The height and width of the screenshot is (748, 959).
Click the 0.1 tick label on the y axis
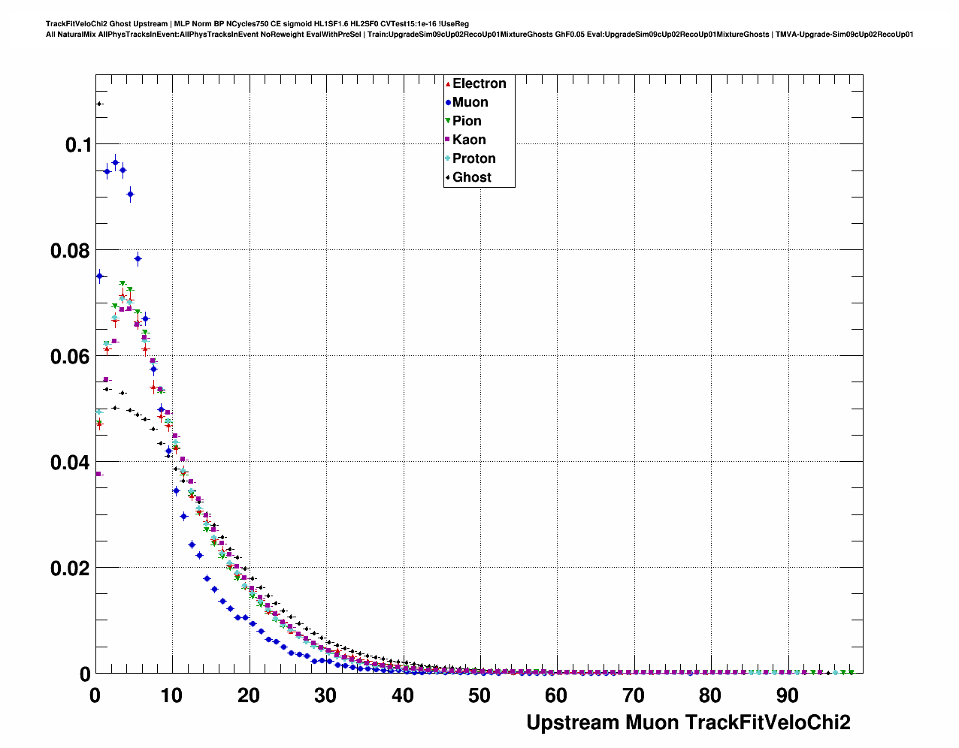click(x=78, y=145)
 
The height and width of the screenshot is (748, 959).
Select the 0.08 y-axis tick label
click(x=71, y=251)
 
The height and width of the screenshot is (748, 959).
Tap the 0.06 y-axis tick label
click(x=71, y=357)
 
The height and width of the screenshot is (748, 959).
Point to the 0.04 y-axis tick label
click(x=71, y=463)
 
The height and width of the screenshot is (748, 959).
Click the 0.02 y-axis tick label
click(x=71, y=569)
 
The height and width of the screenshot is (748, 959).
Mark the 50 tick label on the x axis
click(x=479, y=696)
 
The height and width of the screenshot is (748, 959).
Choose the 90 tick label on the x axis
click(x=787, y=696)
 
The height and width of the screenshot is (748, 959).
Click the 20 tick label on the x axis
click(x=249, y=696)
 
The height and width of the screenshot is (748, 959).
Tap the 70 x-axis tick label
click(x=634, y=696)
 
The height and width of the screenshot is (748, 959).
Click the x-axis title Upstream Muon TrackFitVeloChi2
click(x=688, y=722)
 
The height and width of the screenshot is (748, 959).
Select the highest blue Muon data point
click(x=115, y=162)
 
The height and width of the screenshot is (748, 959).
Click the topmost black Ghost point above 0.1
click(x=98, y=104)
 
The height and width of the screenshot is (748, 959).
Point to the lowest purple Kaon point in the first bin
click(x=98, y=474)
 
